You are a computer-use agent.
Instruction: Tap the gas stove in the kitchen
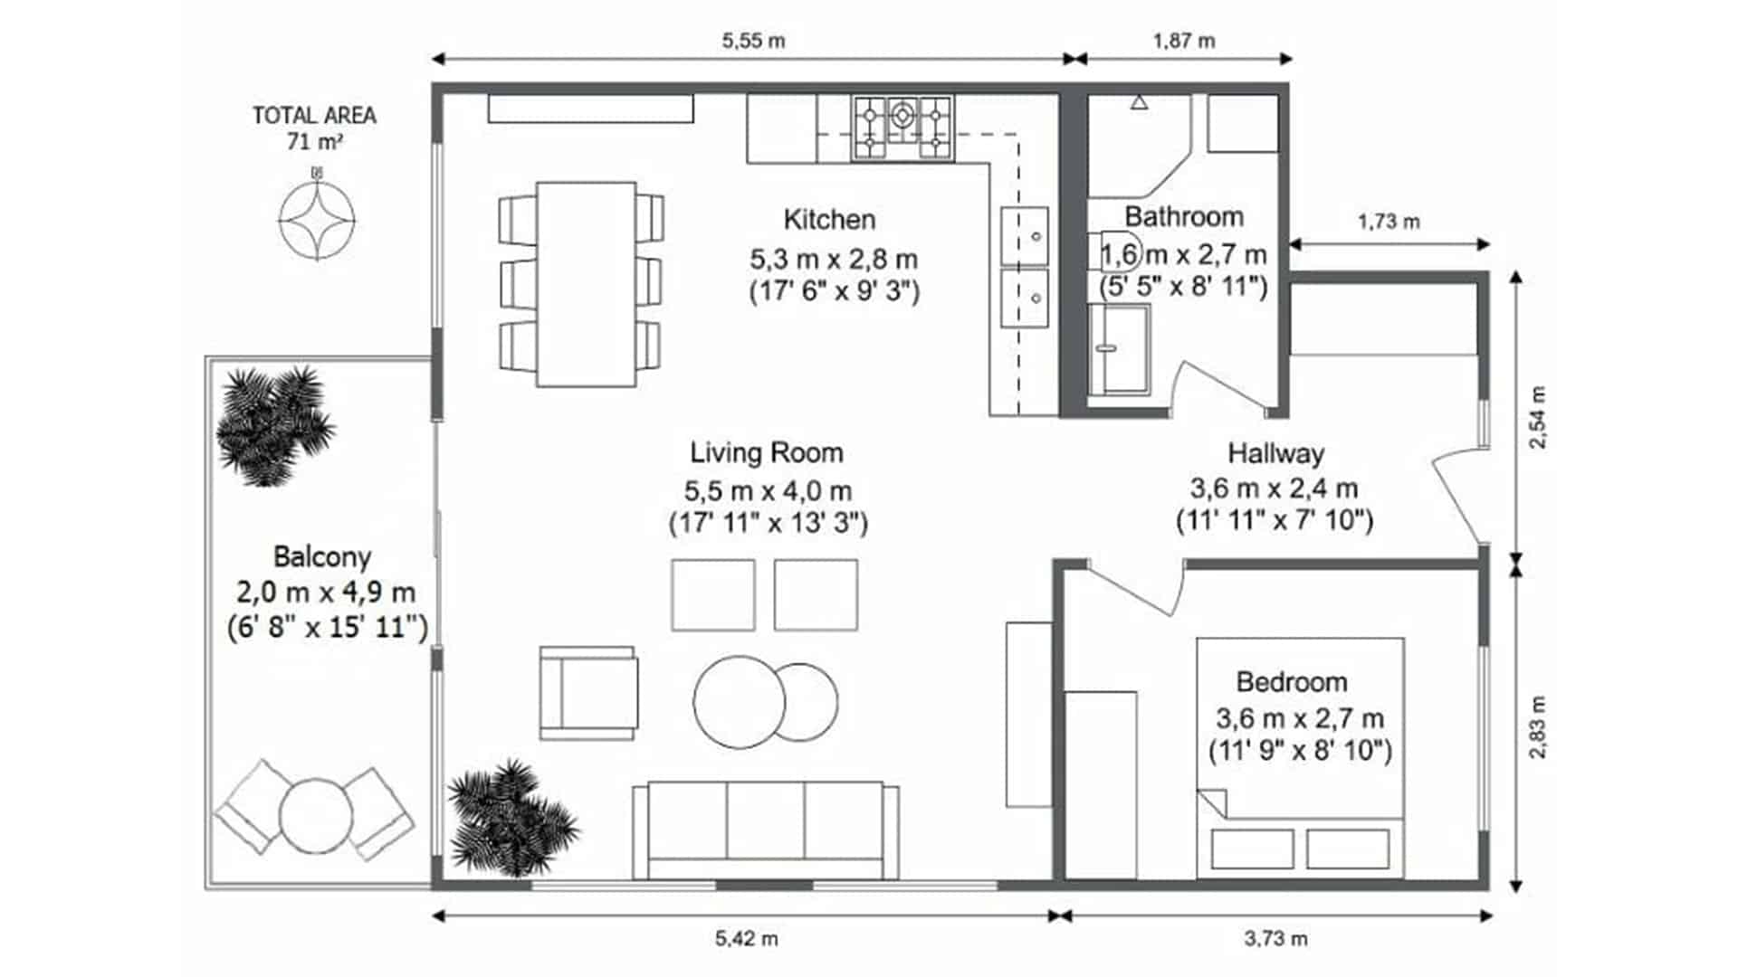point(902,128)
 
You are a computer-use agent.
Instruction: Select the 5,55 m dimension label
point(753,41)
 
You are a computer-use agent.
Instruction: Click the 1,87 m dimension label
point(1184,41)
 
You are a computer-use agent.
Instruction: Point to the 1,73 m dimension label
point(1389,222)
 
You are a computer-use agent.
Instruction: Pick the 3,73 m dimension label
point(1275,939)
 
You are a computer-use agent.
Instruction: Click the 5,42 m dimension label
point(747,939)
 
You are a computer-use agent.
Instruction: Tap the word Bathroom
point(1184,217)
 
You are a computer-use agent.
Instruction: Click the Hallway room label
point(1275,453)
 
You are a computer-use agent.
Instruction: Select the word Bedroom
point(1292,682)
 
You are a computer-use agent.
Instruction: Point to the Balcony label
point(322,557)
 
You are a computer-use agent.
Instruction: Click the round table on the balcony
point(315,816)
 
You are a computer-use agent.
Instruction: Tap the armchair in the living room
point(588,693)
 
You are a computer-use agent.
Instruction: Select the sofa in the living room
point(766,830)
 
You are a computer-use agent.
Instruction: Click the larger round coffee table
point(739,702)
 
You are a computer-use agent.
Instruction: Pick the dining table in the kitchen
point(587,284)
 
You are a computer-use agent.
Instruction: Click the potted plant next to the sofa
point(511,818)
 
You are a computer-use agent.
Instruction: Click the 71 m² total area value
point(314,142)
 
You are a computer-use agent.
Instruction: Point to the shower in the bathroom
point(1120,349)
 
